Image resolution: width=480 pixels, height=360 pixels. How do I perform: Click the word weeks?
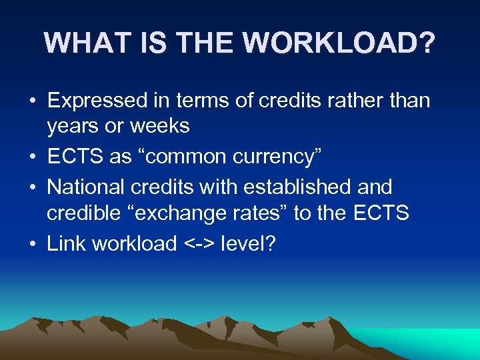[159, 126]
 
